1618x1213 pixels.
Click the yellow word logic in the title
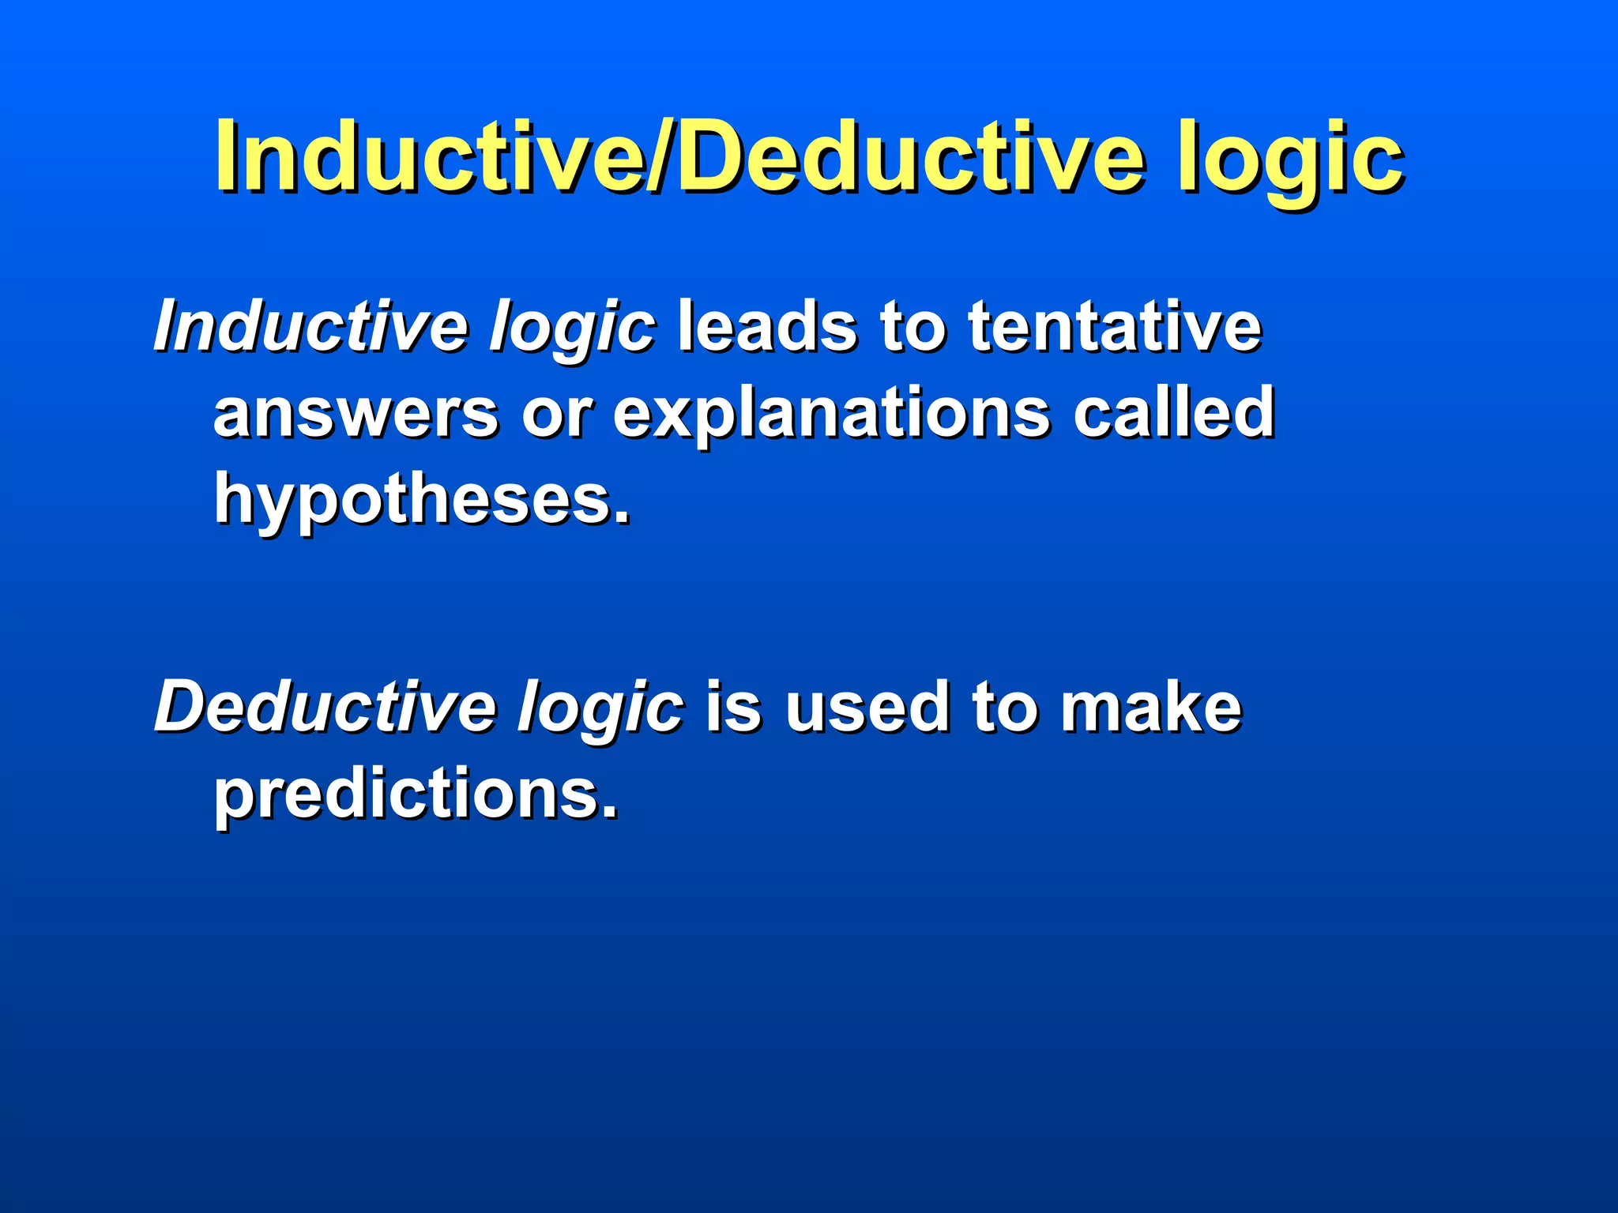1290,158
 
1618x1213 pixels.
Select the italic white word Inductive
311,325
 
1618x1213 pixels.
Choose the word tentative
1115,325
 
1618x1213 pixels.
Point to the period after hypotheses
623,518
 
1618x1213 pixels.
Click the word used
867,706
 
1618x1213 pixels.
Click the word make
1151,706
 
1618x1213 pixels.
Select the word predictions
408,794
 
